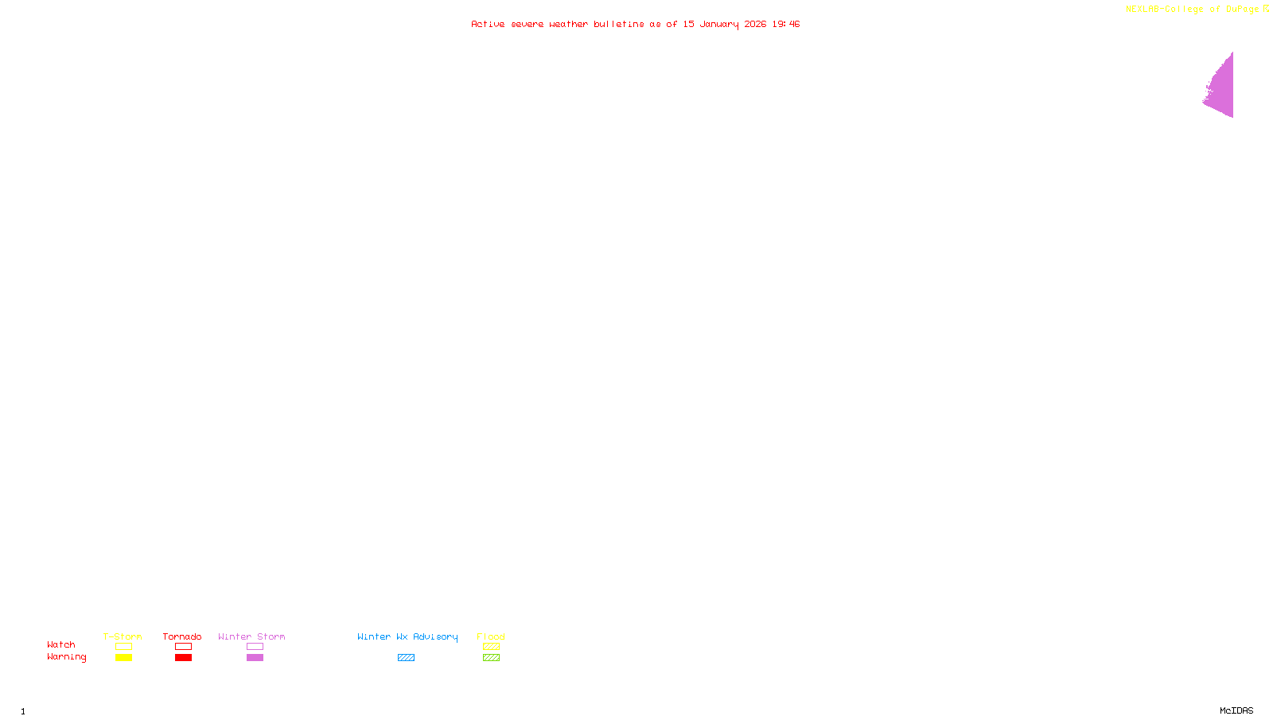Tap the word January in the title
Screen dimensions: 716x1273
tap(718, 24)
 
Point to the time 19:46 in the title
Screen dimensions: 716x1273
tap(785, 24)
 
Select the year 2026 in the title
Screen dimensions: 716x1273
tap(755, 24)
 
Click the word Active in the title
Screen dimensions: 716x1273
tap(488, 24)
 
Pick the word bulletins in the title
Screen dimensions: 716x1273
tap(618, 24)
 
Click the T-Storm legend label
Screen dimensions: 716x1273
tap(123, 636)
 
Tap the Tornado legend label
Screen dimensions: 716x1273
tap(182, 636)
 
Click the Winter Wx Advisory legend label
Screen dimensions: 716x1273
tap(407, 636)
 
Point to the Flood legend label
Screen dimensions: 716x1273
tap(491, 636)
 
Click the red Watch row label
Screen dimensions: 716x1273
tap(61, 644)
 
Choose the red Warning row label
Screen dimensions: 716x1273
tap(66, 657)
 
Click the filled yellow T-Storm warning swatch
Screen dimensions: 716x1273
tap(123, 658)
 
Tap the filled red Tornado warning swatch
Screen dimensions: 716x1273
tap(183, 658)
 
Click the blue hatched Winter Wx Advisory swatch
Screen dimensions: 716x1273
tap(406, 658)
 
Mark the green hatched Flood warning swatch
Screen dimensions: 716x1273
tap(491, 658)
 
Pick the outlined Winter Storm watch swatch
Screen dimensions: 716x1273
tap(255, 647)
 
